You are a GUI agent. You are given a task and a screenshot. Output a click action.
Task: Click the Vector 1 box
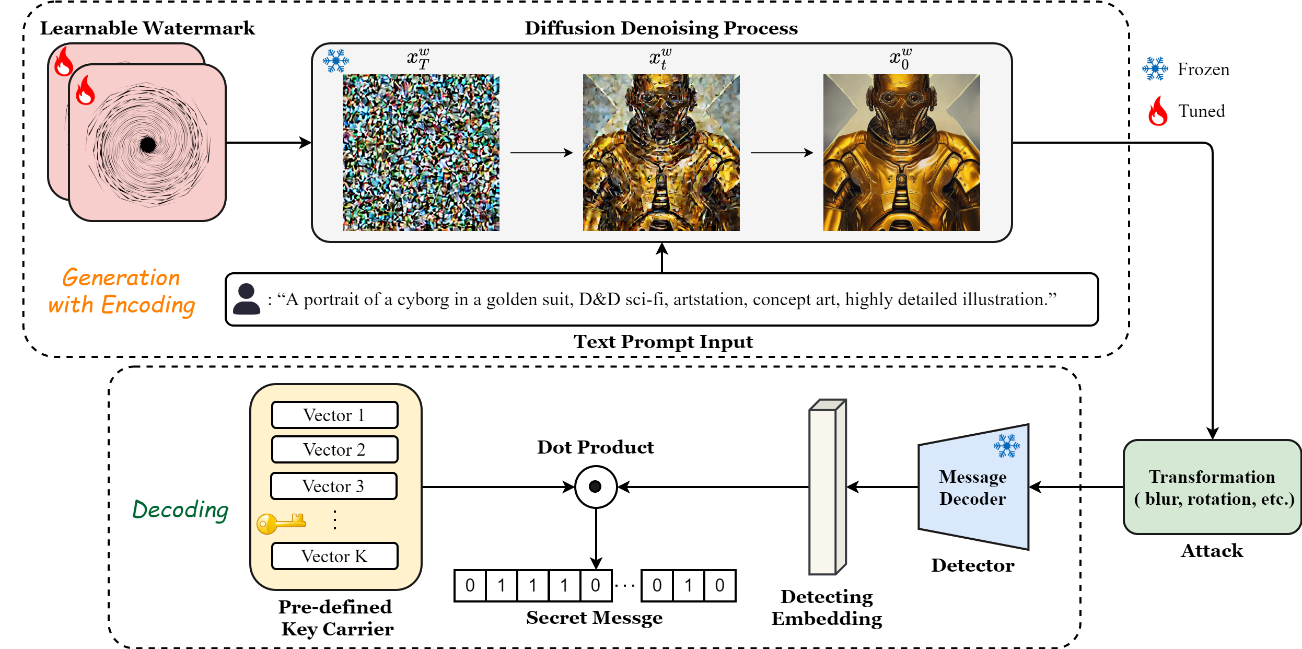point(334,415)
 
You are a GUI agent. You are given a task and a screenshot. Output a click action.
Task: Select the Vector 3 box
point(333,486)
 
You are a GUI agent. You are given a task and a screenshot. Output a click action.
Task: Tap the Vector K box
point(334,556)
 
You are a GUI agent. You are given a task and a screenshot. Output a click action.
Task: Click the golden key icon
point(281,523)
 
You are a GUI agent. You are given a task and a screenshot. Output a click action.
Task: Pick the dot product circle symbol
point(596,487)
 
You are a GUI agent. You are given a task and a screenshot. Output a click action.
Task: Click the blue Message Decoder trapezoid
point(973,487)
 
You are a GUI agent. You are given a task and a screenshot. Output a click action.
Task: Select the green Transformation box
point(1212,487)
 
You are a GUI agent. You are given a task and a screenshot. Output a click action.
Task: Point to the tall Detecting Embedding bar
point(827,487)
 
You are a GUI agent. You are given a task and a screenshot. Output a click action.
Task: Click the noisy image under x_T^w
point(421,153)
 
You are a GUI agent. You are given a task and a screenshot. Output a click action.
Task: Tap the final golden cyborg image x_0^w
point(901,153)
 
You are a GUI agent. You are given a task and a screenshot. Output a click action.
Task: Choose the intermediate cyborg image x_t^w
point(661,153)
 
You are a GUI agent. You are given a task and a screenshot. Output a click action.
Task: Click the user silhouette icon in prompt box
point(246,299)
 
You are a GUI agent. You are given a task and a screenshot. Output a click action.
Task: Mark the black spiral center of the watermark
point(148,144)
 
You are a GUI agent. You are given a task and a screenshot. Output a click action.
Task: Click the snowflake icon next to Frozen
point(1155,68)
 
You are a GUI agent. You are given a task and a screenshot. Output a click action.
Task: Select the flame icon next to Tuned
point(1158,111)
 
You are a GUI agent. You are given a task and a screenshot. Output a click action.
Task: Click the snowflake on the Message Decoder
point(1006,446)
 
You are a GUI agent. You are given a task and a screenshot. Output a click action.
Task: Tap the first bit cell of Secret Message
point(470,585)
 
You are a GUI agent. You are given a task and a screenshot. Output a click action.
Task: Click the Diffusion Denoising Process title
point(661,28)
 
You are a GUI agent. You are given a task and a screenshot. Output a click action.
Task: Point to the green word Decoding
point(180,509)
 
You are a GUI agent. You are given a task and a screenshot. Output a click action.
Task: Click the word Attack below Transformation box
point(1212,551)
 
